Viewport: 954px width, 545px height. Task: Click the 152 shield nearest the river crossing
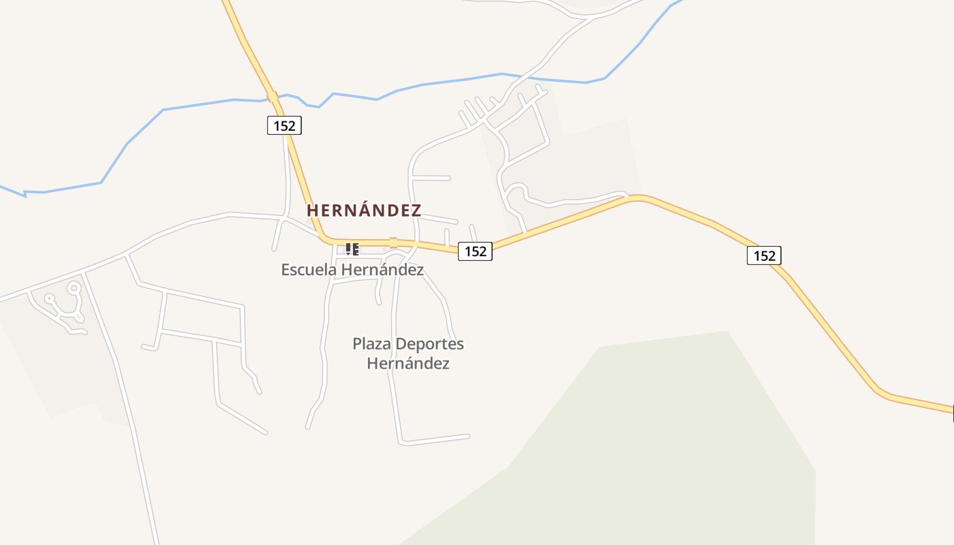[284, 125]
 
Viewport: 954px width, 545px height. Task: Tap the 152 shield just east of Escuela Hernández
[475, 251]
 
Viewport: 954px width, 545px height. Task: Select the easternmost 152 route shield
[764, 255]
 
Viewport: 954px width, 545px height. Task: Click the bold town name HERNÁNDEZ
[364, 211]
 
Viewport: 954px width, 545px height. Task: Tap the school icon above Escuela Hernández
[352, 249]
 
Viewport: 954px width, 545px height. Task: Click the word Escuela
[309, 270]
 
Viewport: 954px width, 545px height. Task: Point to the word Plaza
[372, 344]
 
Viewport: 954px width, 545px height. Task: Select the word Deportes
[430, 344]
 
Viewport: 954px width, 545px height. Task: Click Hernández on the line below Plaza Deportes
[407, 364]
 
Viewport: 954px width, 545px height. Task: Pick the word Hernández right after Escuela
[382, 270]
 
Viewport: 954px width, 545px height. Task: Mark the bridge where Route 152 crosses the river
[273, 97]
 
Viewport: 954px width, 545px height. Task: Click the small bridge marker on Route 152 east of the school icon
[393, 243]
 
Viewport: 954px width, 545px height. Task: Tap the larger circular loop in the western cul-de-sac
[74, 289]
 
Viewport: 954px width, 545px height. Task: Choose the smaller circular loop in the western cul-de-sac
[49, 298]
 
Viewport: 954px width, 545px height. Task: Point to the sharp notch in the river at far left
[25, 194]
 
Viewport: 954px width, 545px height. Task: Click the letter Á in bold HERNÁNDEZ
[363, 210]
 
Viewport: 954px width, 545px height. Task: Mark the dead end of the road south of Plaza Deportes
[468, 435]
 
